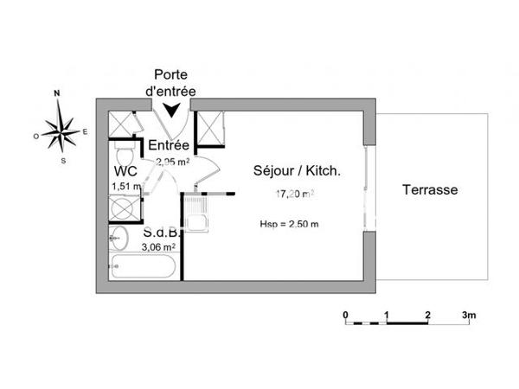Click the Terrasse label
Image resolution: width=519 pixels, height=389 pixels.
(x=430, y=190)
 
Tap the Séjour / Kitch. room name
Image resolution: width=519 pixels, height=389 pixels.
(x=297, y=171)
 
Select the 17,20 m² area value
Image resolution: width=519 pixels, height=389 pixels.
(x=295, y=195)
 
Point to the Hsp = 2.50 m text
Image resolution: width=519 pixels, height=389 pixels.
(x=289, y=225)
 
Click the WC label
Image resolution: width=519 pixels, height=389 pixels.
(x=125, y=171)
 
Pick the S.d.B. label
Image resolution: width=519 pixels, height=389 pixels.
(x=161, y=233)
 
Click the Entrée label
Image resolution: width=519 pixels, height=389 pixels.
(x=170, y=145)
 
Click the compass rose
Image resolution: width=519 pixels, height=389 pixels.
(x=61, y=131)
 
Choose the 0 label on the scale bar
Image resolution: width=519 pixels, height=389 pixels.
(x=345, y=315)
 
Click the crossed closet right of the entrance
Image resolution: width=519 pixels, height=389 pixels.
(x=211, y=129)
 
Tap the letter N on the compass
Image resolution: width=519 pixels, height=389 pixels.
(x=57, y=93)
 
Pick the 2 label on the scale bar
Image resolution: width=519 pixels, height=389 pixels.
(x=428, y=315)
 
